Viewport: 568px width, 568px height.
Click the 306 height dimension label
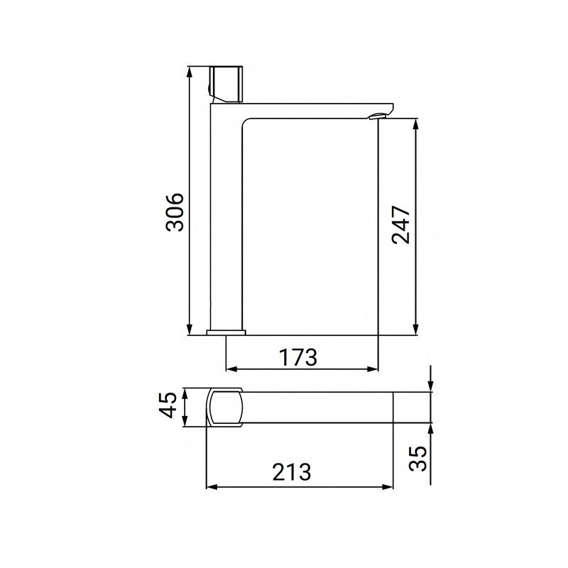(175, 211)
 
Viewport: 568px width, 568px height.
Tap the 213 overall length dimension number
(291, 472)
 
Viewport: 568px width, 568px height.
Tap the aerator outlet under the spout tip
(374, 117)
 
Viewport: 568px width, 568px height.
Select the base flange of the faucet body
(226, 331)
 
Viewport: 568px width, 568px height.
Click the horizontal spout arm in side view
(312, 107)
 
